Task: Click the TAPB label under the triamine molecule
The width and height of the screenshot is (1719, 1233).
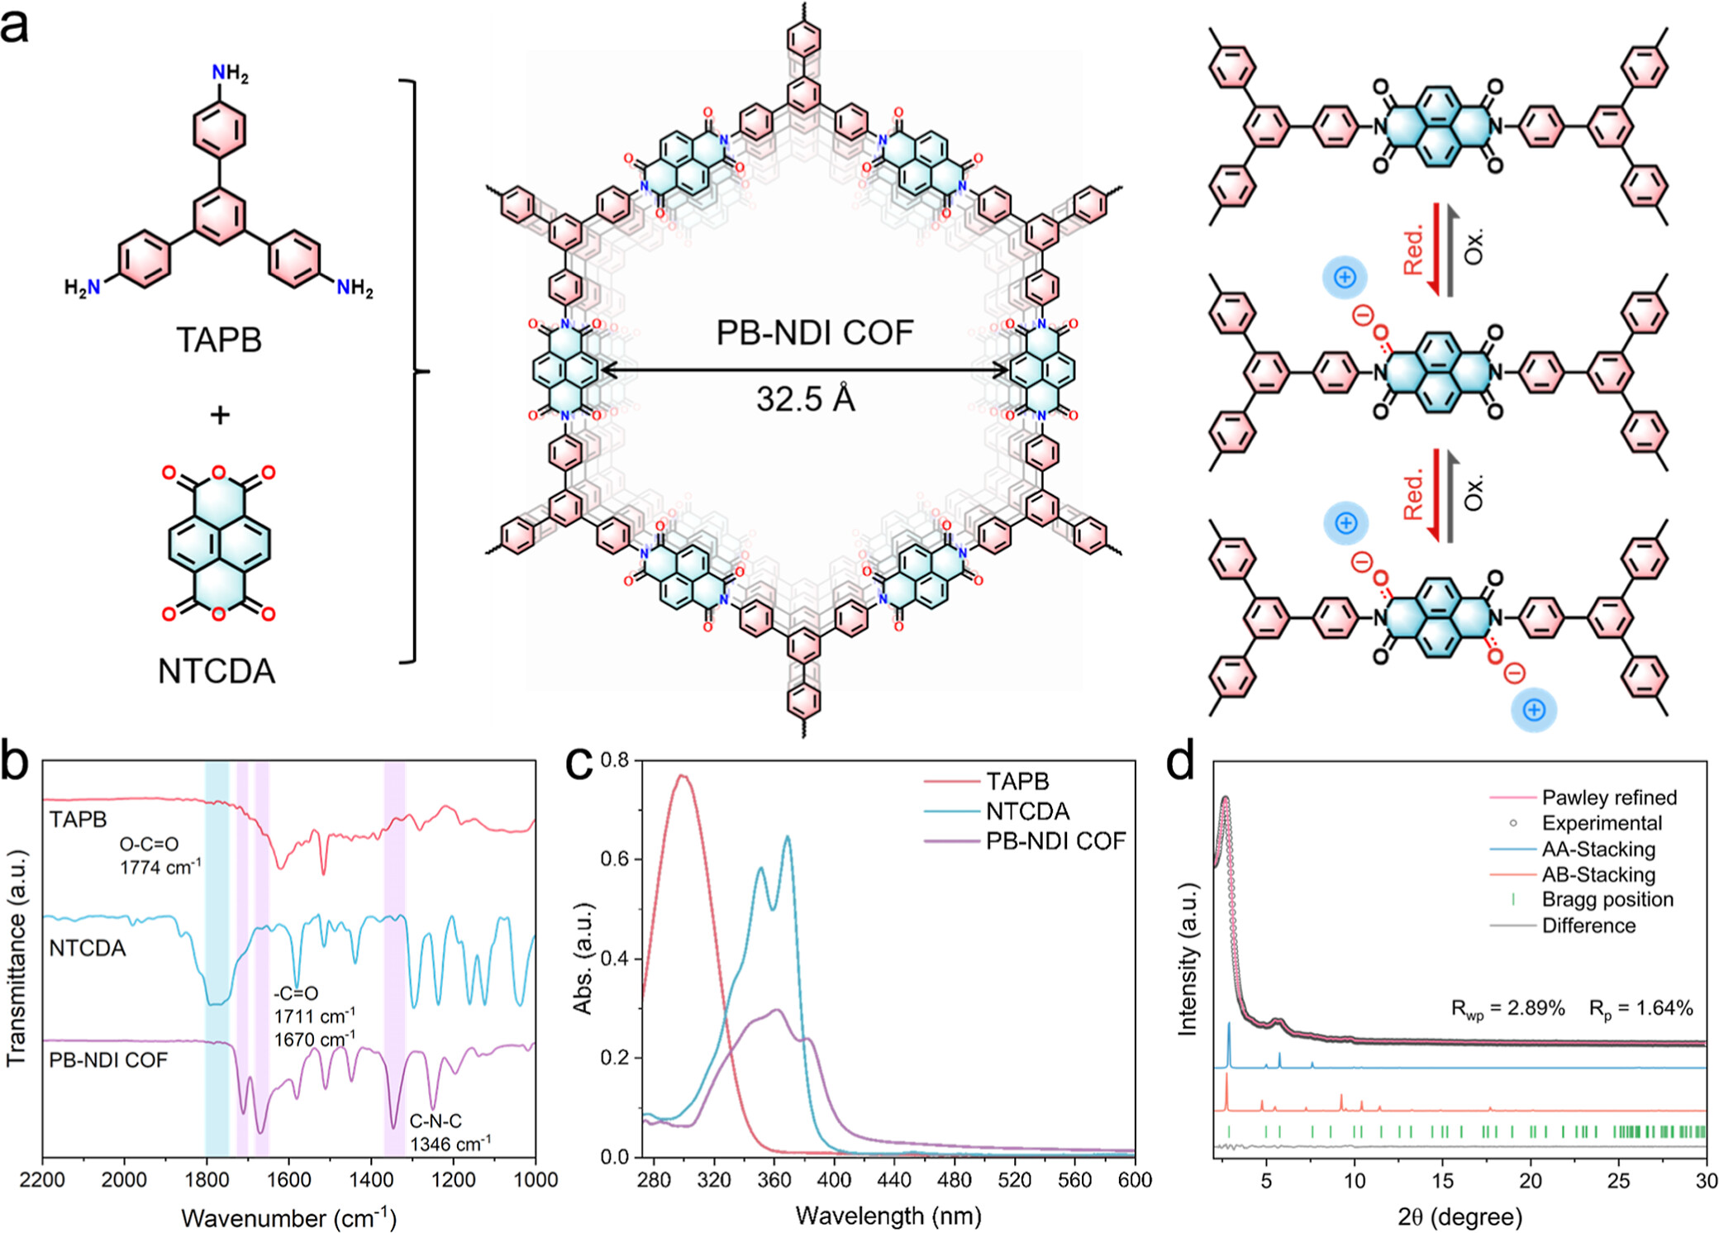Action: (x=218, y=340)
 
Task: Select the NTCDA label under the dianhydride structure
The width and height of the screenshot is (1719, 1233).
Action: (x=217, y=671)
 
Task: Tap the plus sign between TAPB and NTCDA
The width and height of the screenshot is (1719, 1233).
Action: (x=219, y=414)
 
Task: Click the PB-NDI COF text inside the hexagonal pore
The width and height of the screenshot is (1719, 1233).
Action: (x=814, y=332)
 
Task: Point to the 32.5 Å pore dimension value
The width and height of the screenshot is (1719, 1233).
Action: (x=805, y=399)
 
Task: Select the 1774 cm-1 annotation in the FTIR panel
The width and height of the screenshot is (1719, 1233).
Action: (x=160, y=867)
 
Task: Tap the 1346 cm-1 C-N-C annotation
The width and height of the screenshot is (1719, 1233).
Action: (x=450, y=1144)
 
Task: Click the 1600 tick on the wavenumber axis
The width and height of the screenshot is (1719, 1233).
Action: (x=288, y=1180)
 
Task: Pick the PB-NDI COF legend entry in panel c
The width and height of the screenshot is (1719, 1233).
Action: (x=1055, y=841)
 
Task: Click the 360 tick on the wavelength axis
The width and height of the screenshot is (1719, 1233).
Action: (x=774, y=1180)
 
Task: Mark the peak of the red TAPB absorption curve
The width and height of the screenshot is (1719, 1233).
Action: (x=682, y=775)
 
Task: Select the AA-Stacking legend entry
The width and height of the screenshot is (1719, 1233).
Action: (x=1598, y=849)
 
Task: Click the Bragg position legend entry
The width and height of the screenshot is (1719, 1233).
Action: (x=1607, y=899)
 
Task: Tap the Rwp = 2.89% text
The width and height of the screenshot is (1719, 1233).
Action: (x=1508, y=1009)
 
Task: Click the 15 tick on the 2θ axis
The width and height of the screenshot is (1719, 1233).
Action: (x=1443, y=1180)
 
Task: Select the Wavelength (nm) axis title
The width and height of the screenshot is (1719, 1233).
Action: (x=888, y=1216)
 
